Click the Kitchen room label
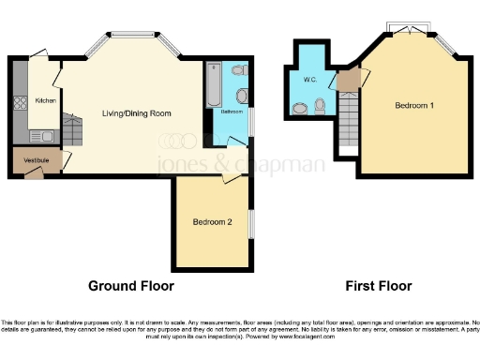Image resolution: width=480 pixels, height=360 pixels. point(44,99)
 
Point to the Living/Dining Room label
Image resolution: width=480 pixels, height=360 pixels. point(137,112)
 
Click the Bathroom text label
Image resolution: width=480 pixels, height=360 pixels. point(230,112)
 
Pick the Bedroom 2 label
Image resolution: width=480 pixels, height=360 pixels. point(212,222)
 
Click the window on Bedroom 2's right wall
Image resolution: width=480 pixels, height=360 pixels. point(250,225)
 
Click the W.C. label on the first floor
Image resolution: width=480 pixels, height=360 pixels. point(310,80)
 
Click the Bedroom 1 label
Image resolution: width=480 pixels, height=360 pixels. point(413,105)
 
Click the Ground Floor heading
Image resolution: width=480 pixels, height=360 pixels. point(130,285)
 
